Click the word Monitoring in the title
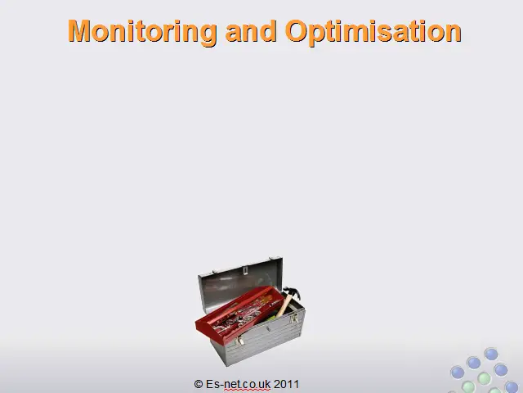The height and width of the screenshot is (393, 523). point(142,32)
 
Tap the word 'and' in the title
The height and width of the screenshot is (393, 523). point(251,31)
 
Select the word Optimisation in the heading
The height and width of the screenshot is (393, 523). point(373,32)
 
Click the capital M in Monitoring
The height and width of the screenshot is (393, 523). point(79,31)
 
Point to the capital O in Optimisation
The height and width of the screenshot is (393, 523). point(297,31)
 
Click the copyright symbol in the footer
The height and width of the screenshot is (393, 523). point(199,384)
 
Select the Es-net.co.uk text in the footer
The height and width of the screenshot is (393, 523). point(238,384)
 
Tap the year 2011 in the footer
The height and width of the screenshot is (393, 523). point(286,384)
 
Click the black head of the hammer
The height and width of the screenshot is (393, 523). point(292,292)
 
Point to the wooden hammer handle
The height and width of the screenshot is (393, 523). point(284,305)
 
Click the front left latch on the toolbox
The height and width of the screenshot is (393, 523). point(239,341)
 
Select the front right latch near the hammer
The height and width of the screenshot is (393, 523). point(294,318)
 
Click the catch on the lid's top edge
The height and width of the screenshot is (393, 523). point(245,270)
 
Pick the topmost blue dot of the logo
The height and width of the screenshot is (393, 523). point(491,354)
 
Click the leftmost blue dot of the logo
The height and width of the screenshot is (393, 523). point(458,372)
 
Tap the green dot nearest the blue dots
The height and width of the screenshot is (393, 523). point(484,378)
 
